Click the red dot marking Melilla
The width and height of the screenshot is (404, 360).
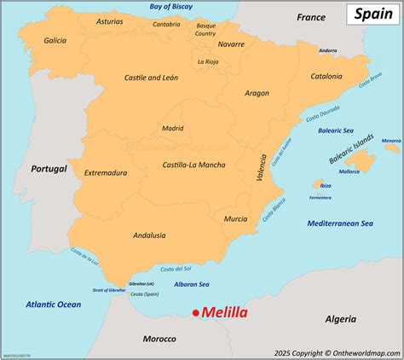195,314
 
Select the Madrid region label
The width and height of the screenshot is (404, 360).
173,128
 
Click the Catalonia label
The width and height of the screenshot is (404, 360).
326,76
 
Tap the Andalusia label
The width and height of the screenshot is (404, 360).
149,235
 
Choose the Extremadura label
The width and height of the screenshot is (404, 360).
105,172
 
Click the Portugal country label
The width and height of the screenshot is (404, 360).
49,169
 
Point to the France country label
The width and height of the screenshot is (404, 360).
311,17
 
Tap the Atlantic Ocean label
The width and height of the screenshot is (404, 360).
52,304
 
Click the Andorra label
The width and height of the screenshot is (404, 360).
327,50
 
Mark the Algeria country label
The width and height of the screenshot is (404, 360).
340,318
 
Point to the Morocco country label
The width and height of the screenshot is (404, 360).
159,339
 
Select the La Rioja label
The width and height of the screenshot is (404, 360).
208,61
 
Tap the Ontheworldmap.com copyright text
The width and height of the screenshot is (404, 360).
337,351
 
